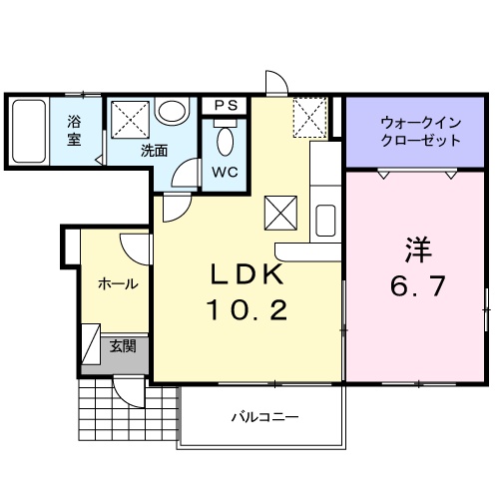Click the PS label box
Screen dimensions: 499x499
click(x=225, y=105)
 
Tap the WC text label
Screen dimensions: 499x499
click(x=225, y=170)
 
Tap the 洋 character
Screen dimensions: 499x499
click(x=417, y=247)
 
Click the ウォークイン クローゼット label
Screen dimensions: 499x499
click(x=419, y=132)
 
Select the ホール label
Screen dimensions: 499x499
click(x=117, y=284)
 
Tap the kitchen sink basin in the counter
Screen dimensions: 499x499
click(x=326, y=218)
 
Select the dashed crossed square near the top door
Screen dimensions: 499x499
click(x=309, y=118)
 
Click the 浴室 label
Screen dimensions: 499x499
click(x=75, y=132)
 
